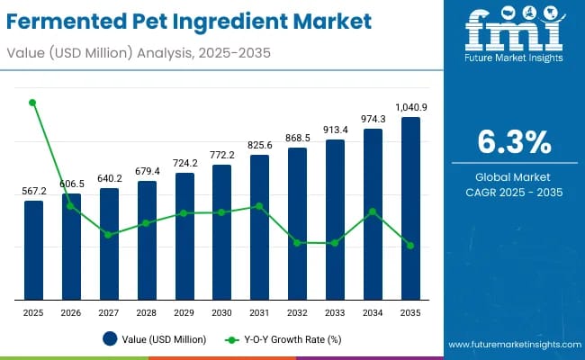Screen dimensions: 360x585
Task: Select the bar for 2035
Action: coord(410,208)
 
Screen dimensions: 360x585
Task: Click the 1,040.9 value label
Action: coord(410,107)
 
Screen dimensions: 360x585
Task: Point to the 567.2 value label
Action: coord(33,191)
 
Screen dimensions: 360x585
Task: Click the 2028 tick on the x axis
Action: coord(146,311)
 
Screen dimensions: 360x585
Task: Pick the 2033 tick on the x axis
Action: coord(335,311)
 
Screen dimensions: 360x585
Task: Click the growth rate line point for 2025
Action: coord(33,103)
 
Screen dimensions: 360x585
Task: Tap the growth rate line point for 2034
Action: coord(373,211)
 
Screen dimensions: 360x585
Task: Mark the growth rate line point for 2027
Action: coord(109,235)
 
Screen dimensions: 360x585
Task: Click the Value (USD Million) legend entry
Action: coord(154,339)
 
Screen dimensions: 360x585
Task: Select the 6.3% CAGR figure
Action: coord(513,142)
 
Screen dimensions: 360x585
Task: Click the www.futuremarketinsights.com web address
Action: coord(512,345)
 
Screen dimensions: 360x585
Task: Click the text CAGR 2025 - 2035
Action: coord(513,193)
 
